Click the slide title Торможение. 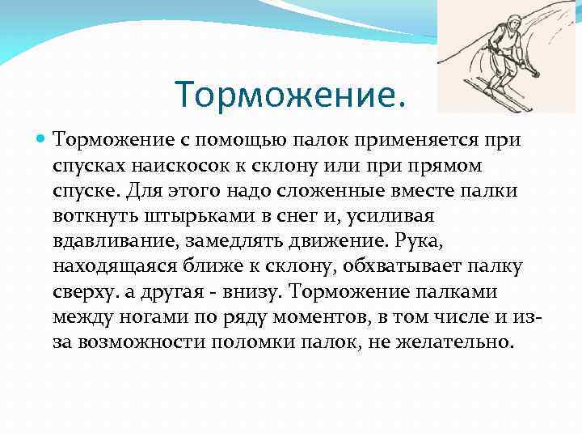coord(289,95)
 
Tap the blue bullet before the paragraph coord(41,140)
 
